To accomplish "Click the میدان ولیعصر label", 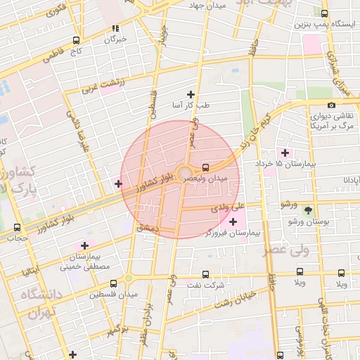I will click(206, 179).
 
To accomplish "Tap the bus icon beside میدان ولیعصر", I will click(205, 167).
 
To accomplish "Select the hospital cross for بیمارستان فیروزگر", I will click(233, 222).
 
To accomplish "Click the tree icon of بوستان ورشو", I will click(308, 210).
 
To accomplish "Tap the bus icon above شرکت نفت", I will click(205, 275).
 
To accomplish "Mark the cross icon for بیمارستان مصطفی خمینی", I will click(84, 245).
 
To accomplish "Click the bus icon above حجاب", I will click(17, 227).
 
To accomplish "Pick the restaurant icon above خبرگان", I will click(115, 29).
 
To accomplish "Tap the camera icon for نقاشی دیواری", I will click(332, 105).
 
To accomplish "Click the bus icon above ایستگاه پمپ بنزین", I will click(323, 13).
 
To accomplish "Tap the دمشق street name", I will click(148, 228).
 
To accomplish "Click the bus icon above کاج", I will click(75, 40).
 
